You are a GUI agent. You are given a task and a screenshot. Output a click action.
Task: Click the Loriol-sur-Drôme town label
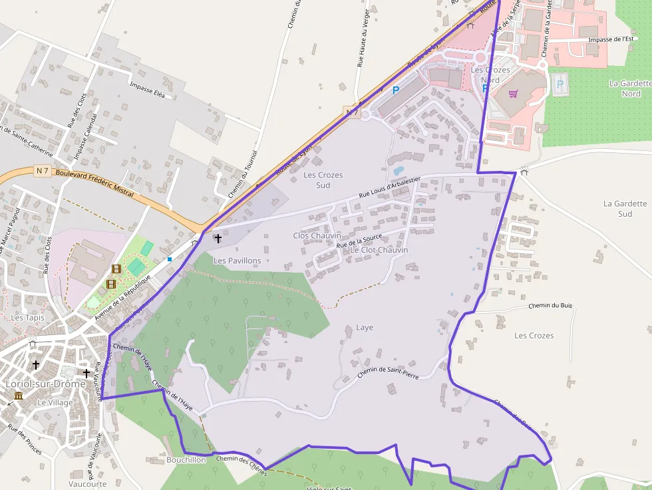click(x=45, y=384)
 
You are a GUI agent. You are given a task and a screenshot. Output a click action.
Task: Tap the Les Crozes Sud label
click(x=323, y=180)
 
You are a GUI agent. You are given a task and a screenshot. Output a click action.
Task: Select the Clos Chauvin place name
click(x=317, y=235)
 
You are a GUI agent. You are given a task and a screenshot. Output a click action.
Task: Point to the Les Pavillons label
click(x=237, y=261)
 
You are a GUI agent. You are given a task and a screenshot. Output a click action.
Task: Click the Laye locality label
click(x=365, y=327)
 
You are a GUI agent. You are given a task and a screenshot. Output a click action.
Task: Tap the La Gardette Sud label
click(x=625, y=209)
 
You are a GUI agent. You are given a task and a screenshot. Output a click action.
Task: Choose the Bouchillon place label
click(x=186, y=459)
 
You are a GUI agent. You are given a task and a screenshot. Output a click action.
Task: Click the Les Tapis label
click(x=27, y=318)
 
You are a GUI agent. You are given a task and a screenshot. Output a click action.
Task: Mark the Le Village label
click(x=55, y=402)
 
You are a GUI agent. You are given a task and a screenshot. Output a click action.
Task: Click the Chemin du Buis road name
click(x=550, y=306)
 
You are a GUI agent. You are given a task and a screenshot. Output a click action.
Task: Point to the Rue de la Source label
click(x=359, y=241)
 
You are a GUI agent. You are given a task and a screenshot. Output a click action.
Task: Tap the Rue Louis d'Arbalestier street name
click(x=390, y=187)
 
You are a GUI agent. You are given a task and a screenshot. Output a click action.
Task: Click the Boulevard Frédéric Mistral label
click(x=95, y=183)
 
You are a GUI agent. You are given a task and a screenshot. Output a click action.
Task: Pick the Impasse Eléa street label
click(x=147, y=89)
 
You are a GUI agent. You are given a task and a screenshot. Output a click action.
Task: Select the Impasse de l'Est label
click(x=611, y=39)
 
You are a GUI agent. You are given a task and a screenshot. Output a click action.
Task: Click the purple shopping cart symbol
click(x=513, y=94)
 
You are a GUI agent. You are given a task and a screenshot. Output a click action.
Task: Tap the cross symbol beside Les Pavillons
click(x=217, y=237)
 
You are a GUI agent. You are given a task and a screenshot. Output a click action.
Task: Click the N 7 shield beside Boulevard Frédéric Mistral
click(x=43, y=171)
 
